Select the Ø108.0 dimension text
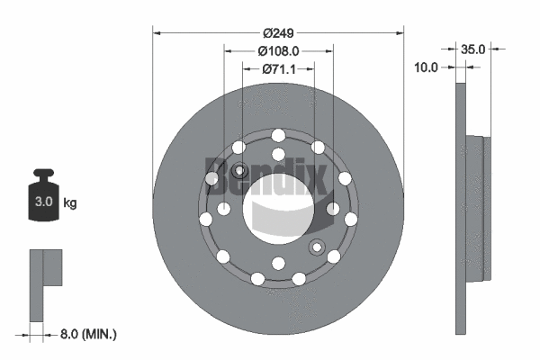tap(278, 51)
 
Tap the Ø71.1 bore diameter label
tap(279, 68)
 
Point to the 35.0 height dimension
tap(472, 49)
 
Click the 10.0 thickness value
tap(426, 67)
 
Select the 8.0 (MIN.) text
tap(87, 334)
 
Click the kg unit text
tap(70, 203)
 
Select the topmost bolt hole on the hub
tap(278, 134)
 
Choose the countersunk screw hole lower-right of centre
tap(316, 247)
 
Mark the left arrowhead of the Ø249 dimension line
tap(157, 32)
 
